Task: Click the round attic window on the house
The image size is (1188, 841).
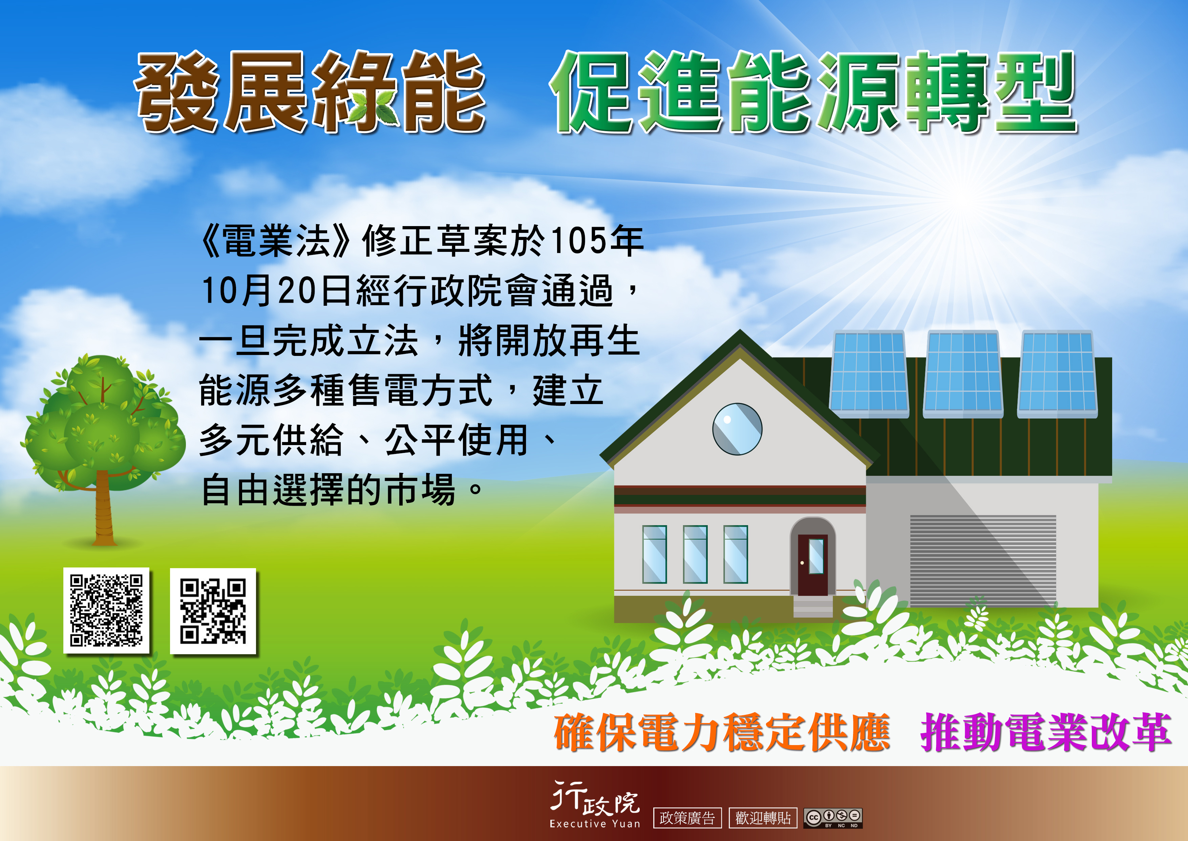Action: pos(737,429)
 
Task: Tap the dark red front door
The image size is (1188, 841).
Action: pos(812,564)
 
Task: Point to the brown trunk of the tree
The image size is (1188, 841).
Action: pos(104,510)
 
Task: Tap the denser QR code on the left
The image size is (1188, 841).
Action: pos(106,610)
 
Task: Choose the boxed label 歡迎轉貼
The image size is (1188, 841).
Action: pos(763,818)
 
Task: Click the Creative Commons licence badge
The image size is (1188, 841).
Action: pos(832,818)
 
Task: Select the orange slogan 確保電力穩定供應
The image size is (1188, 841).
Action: pos(721,732)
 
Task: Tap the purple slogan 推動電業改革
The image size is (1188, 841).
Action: pos(1045,732)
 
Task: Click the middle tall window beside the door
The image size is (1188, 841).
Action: pos(695,554)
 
